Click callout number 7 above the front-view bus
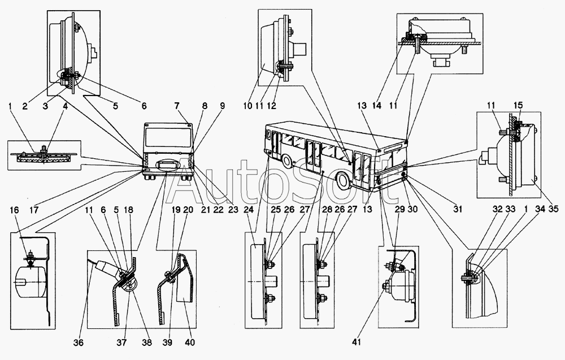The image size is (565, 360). [176, 106]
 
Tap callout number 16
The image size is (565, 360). [14, 210]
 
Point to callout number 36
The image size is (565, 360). [78, 342]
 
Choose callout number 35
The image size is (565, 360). [553, 209]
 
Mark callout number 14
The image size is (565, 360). [376, 106]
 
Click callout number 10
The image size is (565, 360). [247, 106]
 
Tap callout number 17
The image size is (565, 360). [34, 210]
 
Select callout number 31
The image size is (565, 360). [458, 209]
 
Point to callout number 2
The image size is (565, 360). [24, 106]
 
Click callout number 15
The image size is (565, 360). [518, 106]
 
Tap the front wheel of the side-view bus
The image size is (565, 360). [288, 161]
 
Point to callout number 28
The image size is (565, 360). [317, 210]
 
